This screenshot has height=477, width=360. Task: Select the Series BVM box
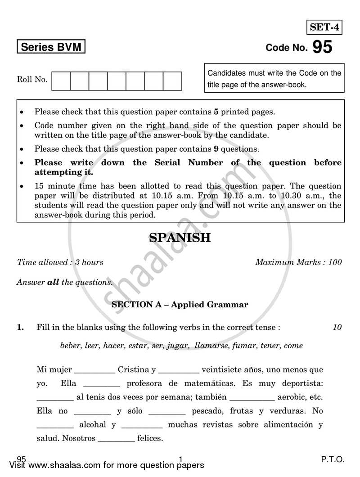click(50, 47)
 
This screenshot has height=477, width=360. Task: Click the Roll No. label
click(32, 80)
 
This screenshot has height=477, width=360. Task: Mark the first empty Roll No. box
click(61, 81)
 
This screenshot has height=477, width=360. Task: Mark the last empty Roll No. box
click(172, 81)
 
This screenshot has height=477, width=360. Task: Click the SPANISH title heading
click(180, 238)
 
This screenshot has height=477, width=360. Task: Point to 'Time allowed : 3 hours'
click(60, 262)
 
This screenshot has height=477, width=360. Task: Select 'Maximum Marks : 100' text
click(298, 262)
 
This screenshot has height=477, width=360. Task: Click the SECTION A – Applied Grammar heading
click(180, 305)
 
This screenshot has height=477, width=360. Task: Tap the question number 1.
click(20, 328)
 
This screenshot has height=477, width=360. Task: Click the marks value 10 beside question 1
click(337, 328)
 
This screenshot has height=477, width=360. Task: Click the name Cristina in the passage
click(134, 370)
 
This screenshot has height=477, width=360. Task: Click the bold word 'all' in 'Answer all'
click(54, 283)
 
